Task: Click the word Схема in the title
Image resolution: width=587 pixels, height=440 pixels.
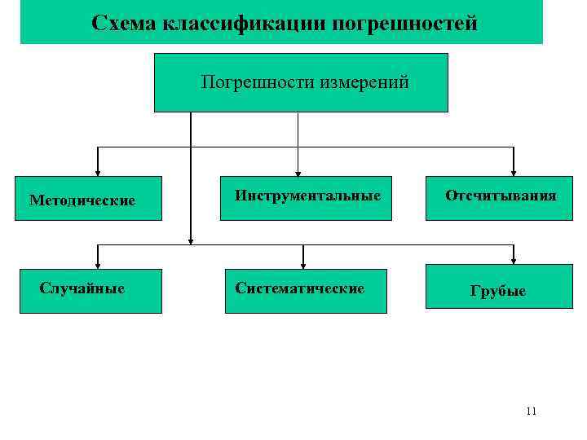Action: click(125, 23)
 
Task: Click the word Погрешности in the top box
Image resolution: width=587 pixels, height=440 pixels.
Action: click(253, 82)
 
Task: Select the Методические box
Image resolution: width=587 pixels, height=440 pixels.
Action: click(90, 198)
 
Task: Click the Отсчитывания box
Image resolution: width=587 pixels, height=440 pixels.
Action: click(499, 196)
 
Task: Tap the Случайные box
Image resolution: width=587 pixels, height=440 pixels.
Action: click(90, 288)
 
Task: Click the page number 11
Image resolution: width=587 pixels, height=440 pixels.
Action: click(531, 411)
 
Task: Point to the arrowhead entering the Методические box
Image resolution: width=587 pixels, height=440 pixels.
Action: click(99, 171)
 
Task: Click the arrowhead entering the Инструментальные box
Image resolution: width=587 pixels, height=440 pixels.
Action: click(298, 171)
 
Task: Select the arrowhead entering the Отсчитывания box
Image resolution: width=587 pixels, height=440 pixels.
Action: click(514, 171)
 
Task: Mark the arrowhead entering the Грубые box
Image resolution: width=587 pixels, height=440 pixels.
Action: click(514, 259)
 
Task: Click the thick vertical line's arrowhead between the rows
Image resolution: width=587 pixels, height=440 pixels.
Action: click(191, 240)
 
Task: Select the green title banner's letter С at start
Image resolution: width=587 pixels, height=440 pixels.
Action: click(98, 23)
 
